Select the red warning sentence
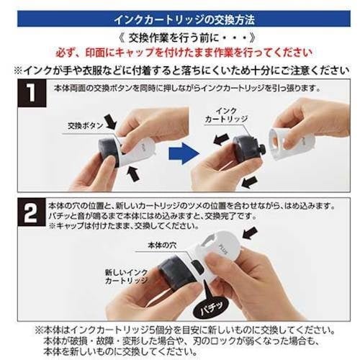point(180,53)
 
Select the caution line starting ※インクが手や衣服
point(180,71)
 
